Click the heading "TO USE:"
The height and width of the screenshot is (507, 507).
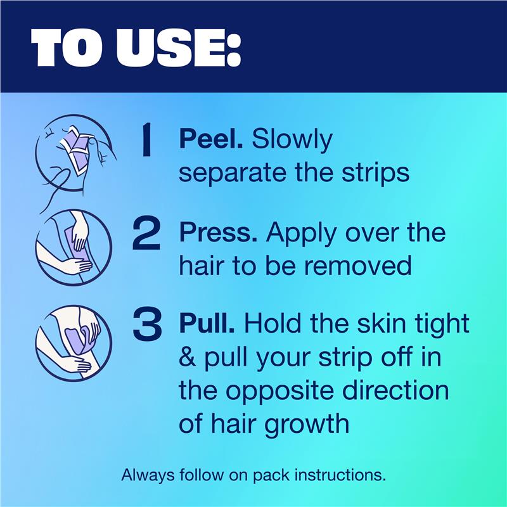[x=136, y=47]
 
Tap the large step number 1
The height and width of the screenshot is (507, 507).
[x=147, y=140]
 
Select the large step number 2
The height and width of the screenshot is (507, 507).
[x=146, y=234]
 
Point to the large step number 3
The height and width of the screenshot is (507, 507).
[x=147, y=324]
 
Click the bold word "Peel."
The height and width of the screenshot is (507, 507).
[x=211, y=139]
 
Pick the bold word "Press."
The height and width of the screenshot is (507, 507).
[x=218, y=233]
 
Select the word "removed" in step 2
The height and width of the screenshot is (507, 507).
[x=357, y=265]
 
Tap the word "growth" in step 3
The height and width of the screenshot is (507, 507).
[x=307, y=424]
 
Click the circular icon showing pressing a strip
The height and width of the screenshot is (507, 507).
[x=74, y=247]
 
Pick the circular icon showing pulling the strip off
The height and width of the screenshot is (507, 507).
[x=74, y=343]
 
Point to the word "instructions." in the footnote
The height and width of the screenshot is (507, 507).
[x=340, y=475]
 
